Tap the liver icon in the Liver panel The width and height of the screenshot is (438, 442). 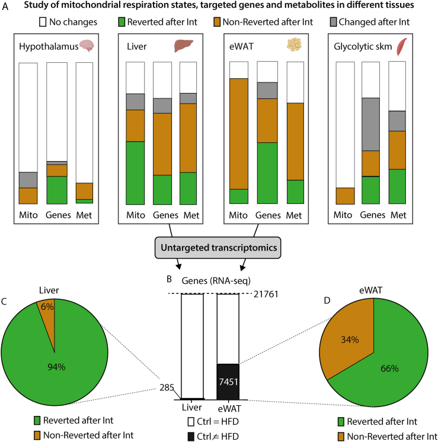pos(184,46)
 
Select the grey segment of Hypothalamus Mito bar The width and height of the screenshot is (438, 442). pos(28,180)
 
